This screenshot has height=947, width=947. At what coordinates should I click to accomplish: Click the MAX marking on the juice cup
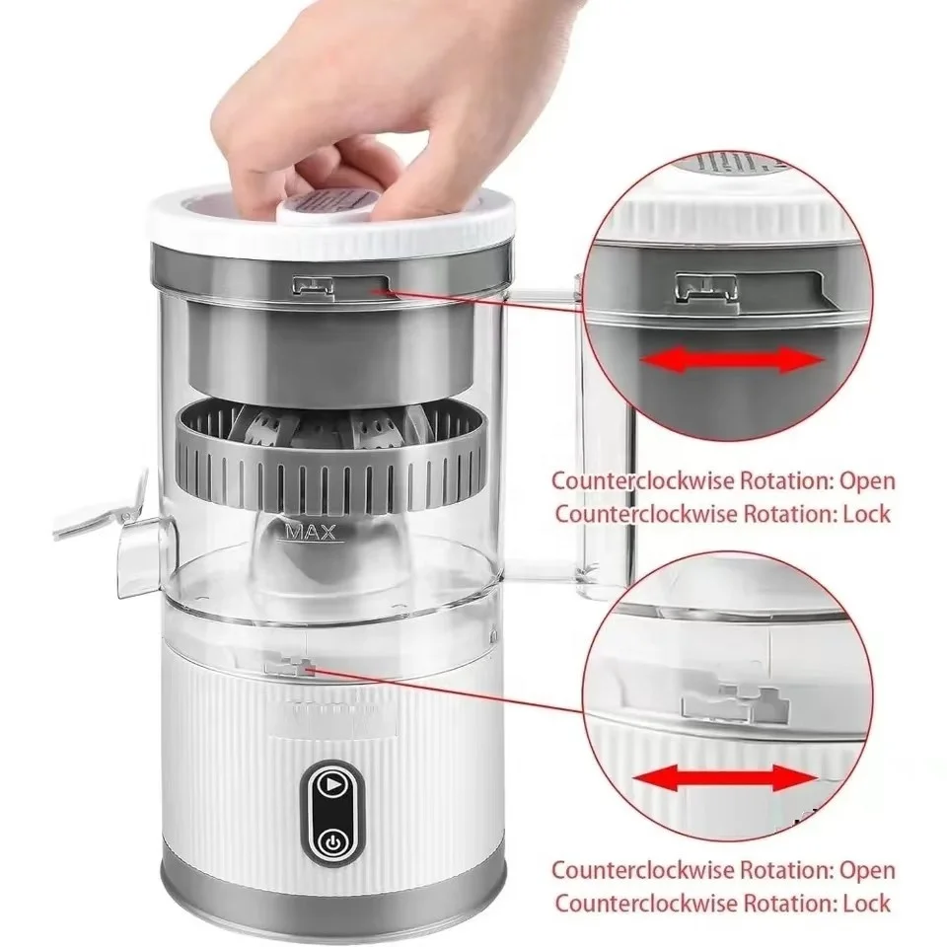coord(311,533)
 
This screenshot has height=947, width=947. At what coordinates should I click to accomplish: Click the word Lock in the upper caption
coord(868,513)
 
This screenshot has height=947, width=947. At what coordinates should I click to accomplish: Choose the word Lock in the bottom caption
coord(868,902)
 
